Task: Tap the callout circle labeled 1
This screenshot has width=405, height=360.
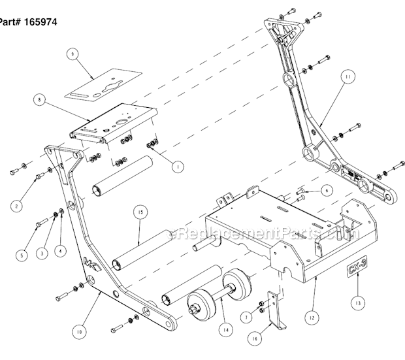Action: (x=175, y=166)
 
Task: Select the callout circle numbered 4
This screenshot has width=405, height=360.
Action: (x=61, y=249)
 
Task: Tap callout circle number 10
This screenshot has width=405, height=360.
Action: (x=78, y=332)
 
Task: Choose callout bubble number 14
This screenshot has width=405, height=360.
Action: (x=224, y=330)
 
